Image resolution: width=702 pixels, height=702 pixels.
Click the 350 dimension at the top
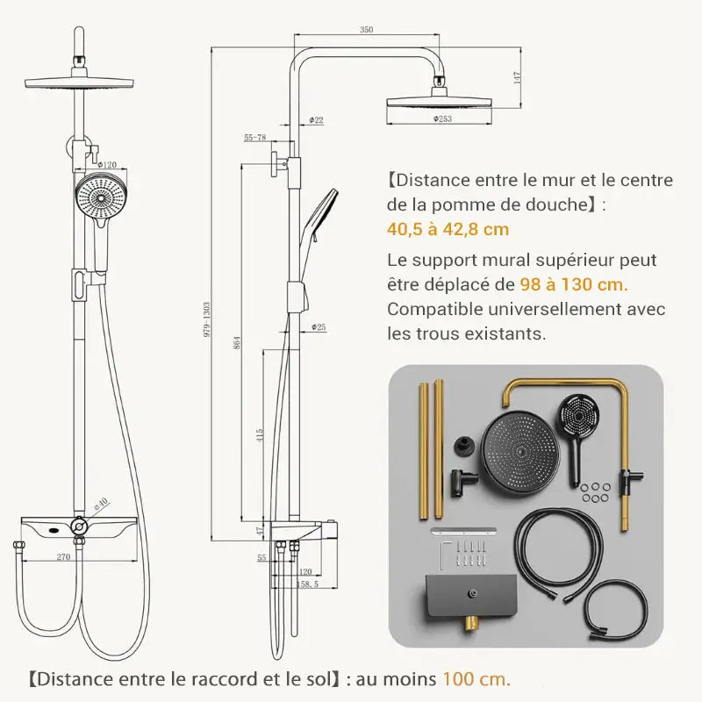(366, 30)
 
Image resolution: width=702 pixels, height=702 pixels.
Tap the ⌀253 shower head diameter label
(442, 118)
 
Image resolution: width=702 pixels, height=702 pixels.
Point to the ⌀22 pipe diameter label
(316, 119)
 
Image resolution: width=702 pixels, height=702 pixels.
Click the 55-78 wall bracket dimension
(255, 138)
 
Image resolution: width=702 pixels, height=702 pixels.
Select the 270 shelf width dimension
(63, 555)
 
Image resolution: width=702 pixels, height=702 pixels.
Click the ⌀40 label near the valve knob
(101, 504)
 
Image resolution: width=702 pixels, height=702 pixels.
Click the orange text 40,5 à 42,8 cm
(448, 230)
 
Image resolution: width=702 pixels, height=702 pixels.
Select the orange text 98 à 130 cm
(574, 284)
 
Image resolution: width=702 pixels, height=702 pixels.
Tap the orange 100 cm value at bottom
(475, 678)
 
